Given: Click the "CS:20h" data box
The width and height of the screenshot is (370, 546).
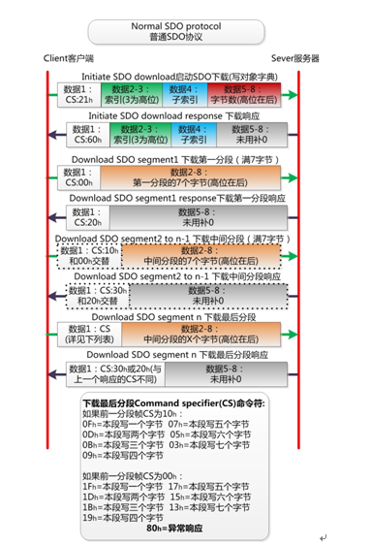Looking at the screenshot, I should click(80, 215).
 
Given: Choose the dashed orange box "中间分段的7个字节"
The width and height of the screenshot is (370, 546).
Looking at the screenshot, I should click(200, 255).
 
